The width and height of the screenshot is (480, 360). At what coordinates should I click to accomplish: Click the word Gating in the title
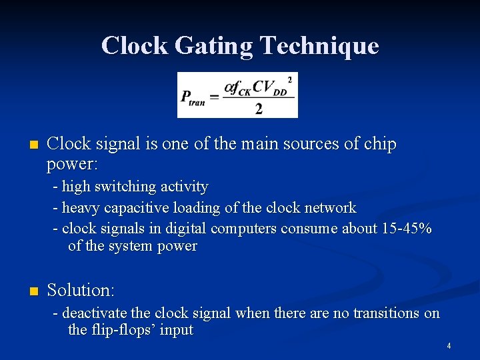coord(213,45)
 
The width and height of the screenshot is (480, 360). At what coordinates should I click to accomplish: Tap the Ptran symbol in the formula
coord(193,97)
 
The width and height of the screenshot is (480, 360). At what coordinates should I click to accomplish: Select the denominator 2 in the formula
coord(259,109)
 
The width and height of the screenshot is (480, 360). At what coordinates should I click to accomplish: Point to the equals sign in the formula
coord(215,97)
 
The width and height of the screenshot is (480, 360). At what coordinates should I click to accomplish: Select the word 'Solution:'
coord(81,290)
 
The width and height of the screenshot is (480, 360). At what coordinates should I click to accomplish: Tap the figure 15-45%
coord(407,229)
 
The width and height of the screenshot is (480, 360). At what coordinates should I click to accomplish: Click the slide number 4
coord(449,345)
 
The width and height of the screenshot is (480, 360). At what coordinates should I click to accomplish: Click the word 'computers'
coord(244,229)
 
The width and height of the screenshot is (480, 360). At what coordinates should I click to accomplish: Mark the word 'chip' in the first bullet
coord(382,144)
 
